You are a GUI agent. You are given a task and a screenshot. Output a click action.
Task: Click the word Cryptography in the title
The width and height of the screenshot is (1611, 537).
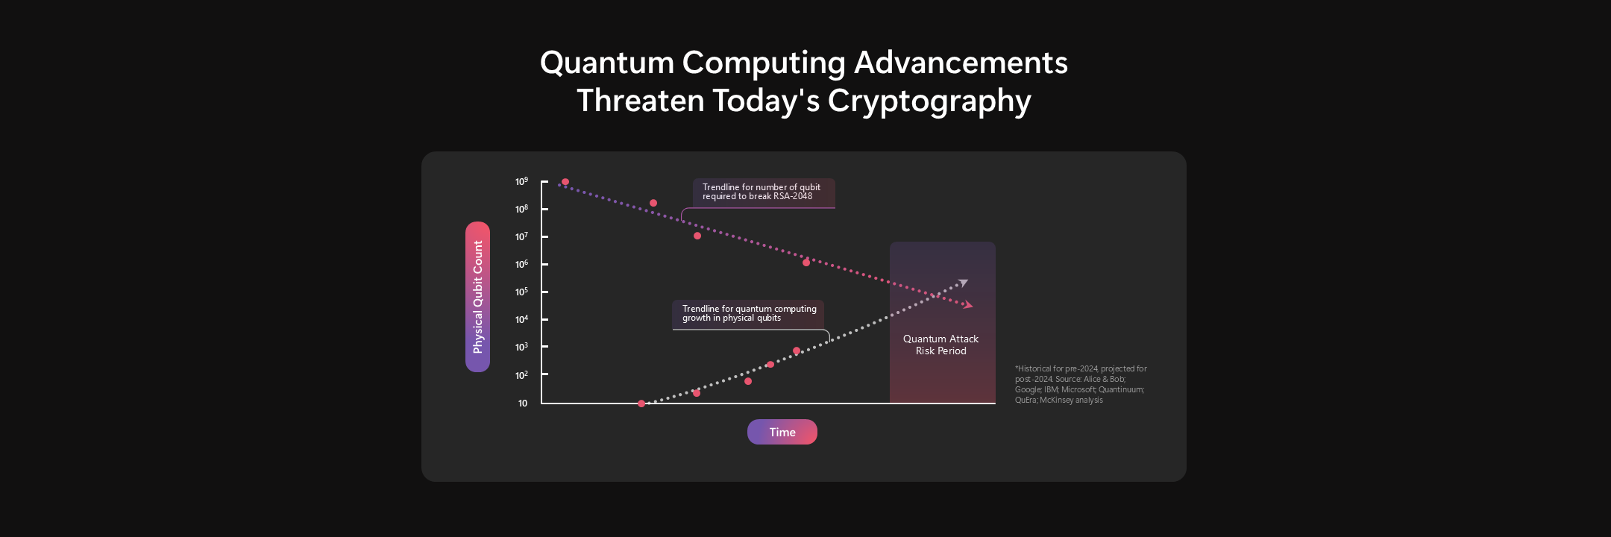click(929, 101)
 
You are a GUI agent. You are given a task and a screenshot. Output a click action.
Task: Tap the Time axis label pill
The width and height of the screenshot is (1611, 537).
click(782, 432)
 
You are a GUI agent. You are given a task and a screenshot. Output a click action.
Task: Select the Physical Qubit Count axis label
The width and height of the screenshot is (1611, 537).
click(478, 297)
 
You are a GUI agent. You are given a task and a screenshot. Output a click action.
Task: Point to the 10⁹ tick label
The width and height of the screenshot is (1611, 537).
click(521, 182)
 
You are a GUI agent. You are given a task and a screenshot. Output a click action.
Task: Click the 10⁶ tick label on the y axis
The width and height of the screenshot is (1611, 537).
click(521, 265)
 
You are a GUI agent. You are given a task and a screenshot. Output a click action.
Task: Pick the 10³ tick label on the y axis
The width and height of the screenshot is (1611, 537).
click(521, 348)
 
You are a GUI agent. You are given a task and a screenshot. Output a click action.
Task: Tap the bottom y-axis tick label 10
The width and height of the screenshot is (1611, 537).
click(522, 403)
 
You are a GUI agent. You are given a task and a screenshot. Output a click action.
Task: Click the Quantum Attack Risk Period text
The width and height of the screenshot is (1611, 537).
click(940, 345)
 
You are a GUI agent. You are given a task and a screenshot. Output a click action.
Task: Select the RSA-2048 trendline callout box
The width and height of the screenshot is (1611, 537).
click(763, 192)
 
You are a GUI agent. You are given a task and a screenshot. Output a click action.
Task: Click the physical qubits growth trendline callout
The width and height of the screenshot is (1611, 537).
click(749, 313)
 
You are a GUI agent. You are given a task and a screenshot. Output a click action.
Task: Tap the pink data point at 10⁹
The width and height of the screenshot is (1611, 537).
click(565, 182)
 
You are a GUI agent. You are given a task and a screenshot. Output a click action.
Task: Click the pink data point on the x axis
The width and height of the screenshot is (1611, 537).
click(641, 403)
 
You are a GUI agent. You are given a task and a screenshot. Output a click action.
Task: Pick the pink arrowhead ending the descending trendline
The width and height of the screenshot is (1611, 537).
click(968, 305)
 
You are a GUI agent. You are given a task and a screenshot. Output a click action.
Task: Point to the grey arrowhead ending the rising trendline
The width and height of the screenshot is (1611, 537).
click(963, 283)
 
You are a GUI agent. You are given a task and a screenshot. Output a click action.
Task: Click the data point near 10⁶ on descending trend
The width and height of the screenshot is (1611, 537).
click(806, 263)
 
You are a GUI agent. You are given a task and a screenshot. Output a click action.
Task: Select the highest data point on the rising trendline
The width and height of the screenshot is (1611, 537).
click(797, 351)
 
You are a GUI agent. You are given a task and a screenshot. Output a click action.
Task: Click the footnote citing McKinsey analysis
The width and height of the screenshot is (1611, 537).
click(1080, 384)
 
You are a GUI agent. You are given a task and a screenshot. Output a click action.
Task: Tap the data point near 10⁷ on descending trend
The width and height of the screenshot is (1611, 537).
click(697, 236)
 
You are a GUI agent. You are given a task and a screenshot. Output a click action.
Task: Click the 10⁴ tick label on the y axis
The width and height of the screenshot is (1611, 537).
click(521, 320)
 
